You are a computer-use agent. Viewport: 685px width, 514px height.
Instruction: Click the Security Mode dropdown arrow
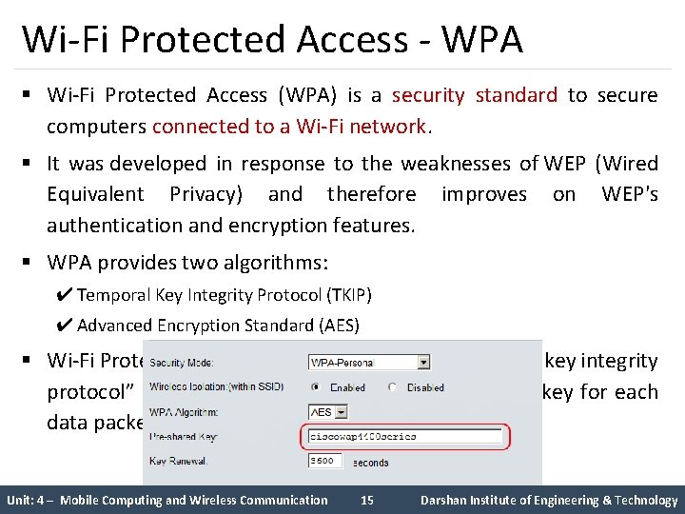[422, 363]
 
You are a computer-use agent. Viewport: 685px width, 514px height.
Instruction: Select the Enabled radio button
[315, 387]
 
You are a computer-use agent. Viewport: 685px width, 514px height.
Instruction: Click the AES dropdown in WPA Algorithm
[327, 412]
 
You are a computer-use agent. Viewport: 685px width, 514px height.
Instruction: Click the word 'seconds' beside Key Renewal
[370, 462]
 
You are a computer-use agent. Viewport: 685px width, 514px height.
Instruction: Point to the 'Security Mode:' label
[181, 363]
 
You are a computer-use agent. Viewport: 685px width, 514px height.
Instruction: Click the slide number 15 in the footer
[366, 500]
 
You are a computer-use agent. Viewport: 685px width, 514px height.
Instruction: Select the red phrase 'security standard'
[475, 95]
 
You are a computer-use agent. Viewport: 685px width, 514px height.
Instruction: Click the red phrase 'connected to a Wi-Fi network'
[290, 126]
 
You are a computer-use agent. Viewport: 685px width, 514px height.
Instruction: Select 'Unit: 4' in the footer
[29, 500]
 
